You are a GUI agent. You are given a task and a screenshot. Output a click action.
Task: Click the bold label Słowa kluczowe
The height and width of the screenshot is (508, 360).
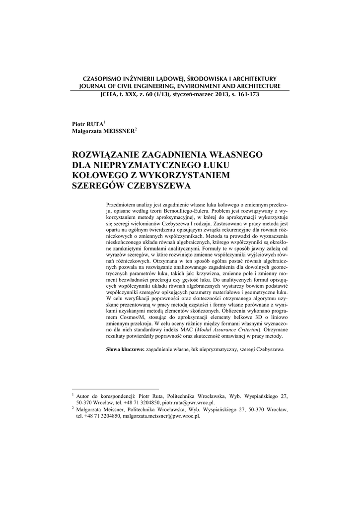tap(126, 350)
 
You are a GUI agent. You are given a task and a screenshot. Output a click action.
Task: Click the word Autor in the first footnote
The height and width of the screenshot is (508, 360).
tap(84, 396)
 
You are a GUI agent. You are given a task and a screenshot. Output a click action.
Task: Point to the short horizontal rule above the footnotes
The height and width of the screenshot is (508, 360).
tap(115, 389)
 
